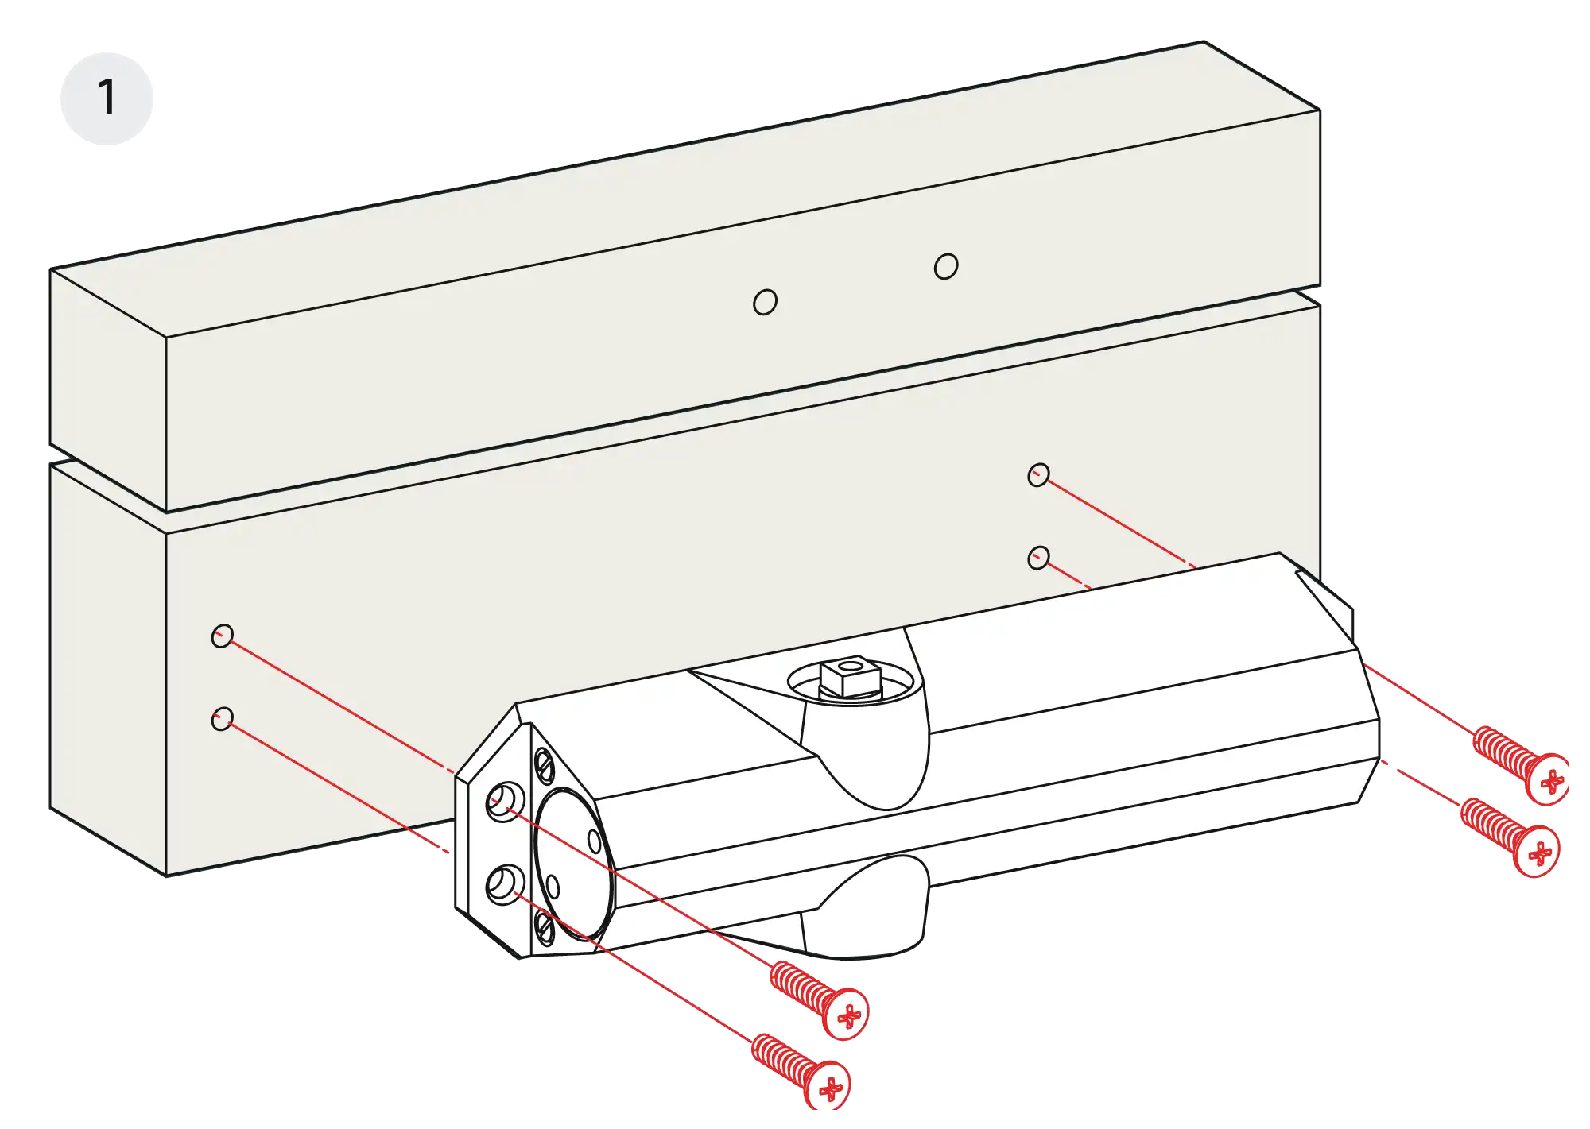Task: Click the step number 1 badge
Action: [107, 98]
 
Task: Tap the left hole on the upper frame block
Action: [765, 302]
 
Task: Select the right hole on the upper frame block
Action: [946, 266]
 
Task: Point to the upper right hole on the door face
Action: [1038, 475]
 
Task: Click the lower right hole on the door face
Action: [1038, 558]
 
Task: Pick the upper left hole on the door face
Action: [223, 636]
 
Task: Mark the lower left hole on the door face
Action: [223, 719]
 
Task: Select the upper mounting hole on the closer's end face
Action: [504, 801]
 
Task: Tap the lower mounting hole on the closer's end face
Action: [504, 883]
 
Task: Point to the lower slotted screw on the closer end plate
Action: [545, 927]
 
